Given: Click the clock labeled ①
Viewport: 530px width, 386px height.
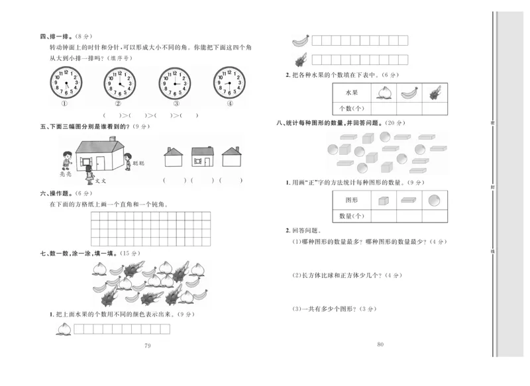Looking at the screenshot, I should point(64,84).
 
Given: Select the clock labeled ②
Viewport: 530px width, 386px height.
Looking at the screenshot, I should point(119,84).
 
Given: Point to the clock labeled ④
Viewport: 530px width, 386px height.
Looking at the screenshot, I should point(229,84).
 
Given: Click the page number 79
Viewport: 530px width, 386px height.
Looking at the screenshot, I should point(148,346).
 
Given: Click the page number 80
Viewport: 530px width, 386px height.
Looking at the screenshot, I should point(380,344).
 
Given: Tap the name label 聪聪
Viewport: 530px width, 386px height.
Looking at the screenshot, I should point(138,162).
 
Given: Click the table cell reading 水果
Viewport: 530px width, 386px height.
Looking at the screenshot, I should point(351,93).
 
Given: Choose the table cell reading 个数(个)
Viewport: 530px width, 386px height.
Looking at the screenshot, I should point(351,108).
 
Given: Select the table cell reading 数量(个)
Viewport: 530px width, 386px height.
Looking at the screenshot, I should point(351,216).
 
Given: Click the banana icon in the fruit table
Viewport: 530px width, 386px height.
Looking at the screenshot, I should point(408,93).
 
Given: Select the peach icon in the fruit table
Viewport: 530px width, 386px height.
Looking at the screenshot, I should point(384,93).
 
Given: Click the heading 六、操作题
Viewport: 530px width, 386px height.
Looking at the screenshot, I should point(58,193).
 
